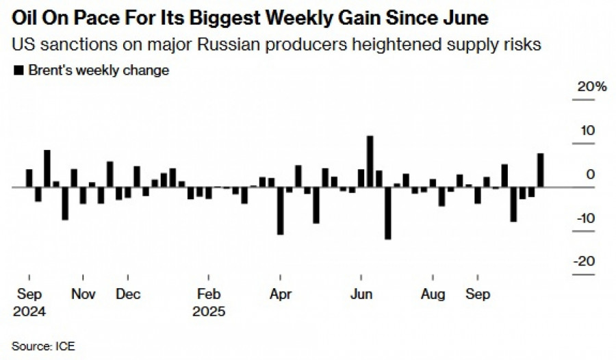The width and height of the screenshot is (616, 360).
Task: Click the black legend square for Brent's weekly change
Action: [x=18, y=70]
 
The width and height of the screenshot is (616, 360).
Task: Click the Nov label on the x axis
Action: [x=83, y=294]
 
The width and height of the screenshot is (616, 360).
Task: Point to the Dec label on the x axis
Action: [x=128, y=294]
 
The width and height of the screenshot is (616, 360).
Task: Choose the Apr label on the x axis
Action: [x=281, y=294]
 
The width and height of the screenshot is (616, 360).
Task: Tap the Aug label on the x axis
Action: [x=433, y=294]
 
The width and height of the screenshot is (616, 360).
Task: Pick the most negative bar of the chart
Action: [x=387, y=213]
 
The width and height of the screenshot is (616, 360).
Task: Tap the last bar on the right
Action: [x=541, y=170]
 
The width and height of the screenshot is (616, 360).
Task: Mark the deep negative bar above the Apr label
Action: [x=281, y=211]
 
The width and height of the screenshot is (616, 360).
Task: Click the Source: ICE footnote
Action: [x=42, y=346]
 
